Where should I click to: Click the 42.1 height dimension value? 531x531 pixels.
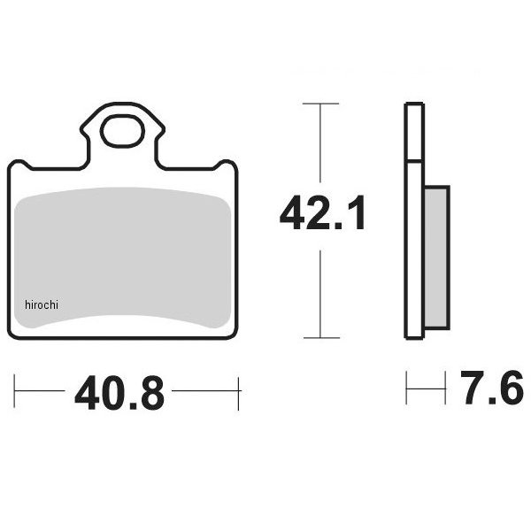tap(322, 213)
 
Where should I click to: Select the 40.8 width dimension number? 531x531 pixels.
tap(119, 393)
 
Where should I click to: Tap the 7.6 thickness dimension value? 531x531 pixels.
tap(492, 388)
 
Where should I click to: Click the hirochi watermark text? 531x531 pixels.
tap(42, 304)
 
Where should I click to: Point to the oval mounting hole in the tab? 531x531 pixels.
tap(123, 131)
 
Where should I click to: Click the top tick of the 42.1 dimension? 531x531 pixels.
tap(320, 104)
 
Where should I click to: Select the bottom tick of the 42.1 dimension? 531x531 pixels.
tap(321, 338)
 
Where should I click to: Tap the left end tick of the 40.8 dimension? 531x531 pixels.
tap(14, 391)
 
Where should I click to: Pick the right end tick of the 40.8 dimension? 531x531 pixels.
tap(238, 394)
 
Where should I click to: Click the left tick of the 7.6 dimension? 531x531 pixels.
tap(406, 388)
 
